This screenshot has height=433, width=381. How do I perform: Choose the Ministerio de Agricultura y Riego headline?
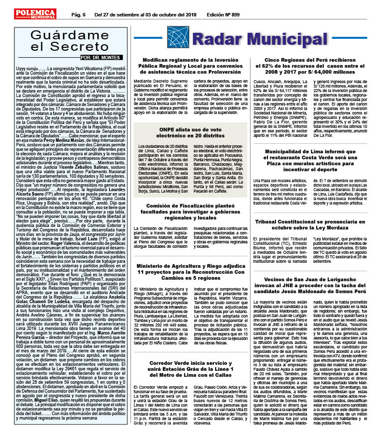tap(191, 273)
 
